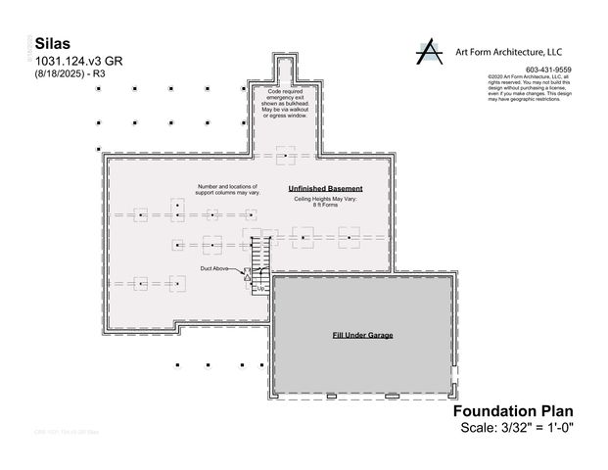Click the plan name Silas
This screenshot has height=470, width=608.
click(52, 45)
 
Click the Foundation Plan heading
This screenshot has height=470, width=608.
click(512, 412)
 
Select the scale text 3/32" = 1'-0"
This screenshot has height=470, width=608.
click(516, 428)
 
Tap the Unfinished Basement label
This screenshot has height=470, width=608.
click(325, 188)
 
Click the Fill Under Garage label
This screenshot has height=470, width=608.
click(362, 335)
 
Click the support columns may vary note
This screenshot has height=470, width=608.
click(226, 189)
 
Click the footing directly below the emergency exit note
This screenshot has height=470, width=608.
click(285, 156)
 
